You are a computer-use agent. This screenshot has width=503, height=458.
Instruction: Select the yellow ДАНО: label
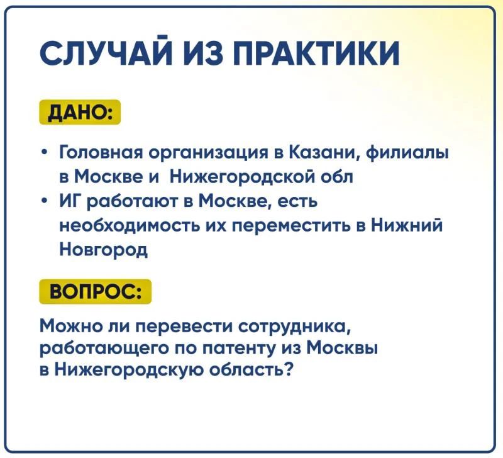coord(80,113)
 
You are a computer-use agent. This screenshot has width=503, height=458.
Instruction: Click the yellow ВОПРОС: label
coord(96,291)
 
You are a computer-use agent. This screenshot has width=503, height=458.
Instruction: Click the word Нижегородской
coord(243,176)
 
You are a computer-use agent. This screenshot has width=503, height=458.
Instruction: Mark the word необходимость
coord(130,226)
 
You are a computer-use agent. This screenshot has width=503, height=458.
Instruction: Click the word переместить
coord(289,226)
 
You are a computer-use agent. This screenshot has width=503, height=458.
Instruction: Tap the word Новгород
coord(104,250)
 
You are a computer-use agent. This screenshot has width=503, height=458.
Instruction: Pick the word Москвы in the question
coord(342,348)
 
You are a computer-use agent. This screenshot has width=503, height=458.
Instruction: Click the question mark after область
coord(289,369)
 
